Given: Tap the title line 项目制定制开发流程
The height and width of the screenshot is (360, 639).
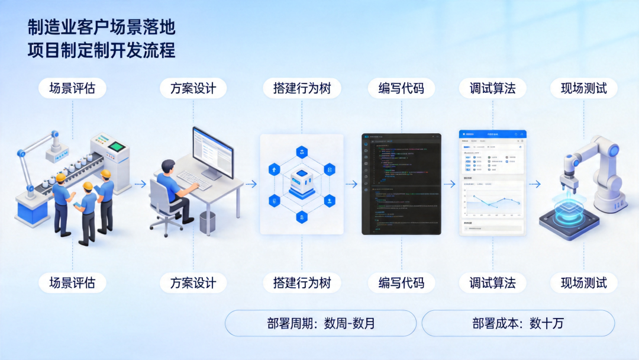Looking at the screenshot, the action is click(x=101, y=50).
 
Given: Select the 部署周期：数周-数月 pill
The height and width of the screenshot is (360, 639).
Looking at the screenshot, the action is click(x=321, y=323).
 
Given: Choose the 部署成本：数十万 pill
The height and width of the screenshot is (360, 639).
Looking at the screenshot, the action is click(x=518, y=323).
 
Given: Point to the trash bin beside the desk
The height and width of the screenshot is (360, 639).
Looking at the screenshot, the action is click(x=207, y=222).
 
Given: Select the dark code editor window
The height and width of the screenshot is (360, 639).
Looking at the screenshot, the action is click(x=401, y=184).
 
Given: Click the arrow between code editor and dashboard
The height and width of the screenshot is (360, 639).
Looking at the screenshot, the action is click(x=450, y=184).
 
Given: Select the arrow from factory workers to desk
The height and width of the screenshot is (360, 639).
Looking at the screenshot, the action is click(x=140, y=184).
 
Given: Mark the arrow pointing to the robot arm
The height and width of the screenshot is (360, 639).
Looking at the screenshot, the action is click(x=534, y=184).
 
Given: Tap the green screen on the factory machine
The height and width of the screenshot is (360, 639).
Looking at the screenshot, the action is click(x=118, y=146).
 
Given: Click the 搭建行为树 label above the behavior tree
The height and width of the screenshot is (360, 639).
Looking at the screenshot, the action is click(x=302, y=89).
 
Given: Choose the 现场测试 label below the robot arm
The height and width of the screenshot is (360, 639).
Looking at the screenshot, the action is click(x=584, y=282).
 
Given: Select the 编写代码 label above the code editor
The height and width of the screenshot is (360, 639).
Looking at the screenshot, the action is click(x=401, y=89).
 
